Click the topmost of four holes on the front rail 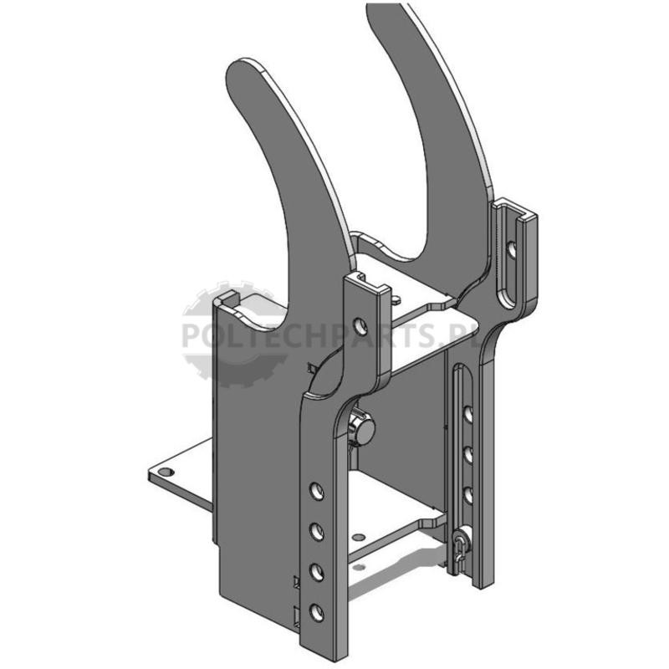[317, 492]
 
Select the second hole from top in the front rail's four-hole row [317, 532]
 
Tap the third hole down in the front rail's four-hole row [317, 572]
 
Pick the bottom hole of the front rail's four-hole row [317, 613]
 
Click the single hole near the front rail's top [361, 326]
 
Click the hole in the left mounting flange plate [166, 472]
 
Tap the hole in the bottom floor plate [360, 536]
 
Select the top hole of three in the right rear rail [468, 415]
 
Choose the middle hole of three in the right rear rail [468, 454]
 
